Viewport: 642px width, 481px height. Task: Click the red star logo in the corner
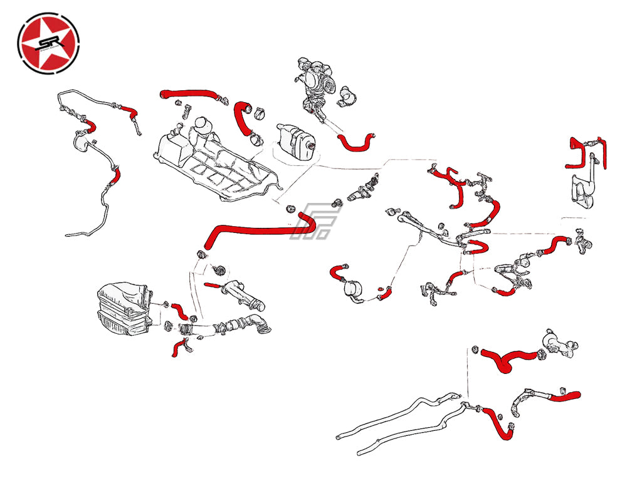point(49,42)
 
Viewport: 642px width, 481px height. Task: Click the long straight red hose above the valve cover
point(191,95)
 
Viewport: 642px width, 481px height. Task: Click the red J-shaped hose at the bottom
point(498,423)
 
